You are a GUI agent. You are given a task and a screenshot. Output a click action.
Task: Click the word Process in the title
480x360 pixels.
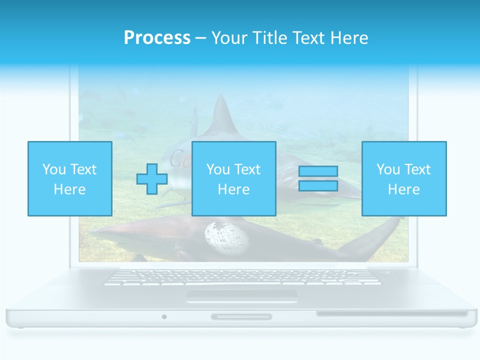(x=157, y=38)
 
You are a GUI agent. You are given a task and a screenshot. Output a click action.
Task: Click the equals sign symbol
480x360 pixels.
(x=318, y=178)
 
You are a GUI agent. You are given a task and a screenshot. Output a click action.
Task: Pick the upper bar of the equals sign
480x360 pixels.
(x=318, y=171)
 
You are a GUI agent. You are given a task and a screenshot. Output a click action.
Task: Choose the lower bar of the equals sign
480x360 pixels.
(x=318, y=185)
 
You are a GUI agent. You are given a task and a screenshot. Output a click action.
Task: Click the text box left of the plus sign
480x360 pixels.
(x=69, y=178)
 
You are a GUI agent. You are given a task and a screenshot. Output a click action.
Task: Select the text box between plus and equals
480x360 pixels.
(x=233, y=178)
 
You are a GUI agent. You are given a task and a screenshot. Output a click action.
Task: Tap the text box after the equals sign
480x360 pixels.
(x=404, y=178)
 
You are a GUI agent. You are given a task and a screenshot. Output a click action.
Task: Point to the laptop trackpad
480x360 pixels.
(x=242, y=296)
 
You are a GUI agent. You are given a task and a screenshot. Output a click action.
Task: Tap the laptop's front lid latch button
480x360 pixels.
(x=241, y=316)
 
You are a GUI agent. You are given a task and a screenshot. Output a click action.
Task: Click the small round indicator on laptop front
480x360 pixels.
(x=164, y=316)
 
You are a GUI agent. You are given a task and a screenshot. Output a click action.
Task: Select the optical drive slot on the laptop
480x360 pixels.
(x=392, y=314)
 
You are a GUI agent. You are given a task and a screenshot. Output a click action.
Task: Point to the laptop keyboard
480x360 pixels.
(x=242, y=277)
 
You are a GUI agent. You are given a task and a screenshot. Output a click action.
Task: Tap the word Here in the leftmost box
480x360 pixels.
(x=69, y=189)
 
